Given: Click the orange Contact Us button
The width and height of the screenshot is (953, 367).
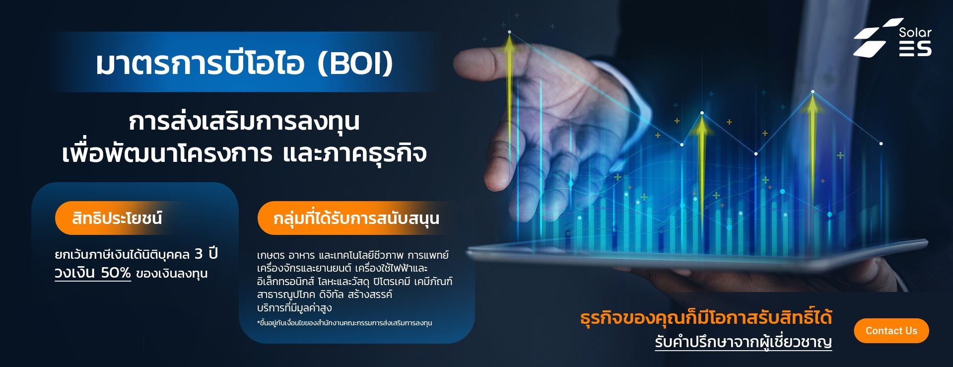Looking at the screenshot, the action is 891,331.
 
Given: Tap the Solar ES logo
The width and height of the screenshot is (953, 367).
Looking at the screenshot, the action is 892,38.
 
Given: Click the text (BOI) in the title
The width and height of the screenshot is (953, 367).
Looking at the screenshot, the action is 355,63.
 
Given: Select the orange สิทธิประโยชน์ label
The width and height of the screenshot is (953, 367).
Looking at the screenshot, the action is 117,218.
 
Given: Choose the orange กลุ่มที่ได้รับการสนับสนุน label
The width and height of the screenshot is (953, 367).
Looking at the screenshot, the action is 355,218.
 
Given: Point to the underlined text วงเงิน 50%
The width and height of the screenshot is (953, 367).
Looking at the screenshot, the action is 93,273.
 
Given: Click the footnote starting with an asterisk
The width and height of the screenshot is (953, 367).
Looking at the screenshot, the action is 344,323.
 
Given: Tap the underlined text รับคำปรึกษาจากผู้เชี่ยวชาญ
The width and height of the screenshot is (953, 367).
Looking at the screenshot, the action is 743,342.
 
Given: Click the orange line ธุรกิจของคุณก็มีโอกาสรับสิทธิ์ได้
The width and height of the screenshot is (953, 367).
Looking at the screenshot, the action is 706,317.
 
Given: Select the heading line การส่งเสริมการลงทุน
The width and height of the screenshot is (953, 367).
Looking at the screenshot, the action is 244,121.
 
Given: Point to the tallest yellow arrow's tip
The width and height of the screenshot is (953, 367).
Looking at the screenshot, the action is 509,33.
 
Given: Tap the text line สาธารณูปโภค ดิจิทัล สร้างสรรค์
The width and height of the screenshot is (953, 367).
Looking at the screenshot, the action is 325,294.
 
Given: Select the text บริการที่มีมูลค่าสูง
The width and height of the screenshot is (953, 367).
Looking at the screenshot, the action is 294,308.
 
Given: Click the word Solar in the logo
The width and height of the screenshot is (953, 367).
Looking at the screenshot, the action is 915,33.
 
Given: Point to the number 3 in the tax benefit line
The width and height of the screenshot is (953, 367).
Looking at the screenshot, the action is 199,254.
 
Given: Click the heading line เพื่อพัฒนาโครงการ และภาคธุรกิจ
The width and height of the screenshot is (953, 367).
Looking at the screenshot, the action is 244,153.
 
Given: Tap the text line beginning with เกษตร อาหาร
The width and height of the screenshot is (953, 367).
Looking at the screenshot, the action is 353,255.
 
